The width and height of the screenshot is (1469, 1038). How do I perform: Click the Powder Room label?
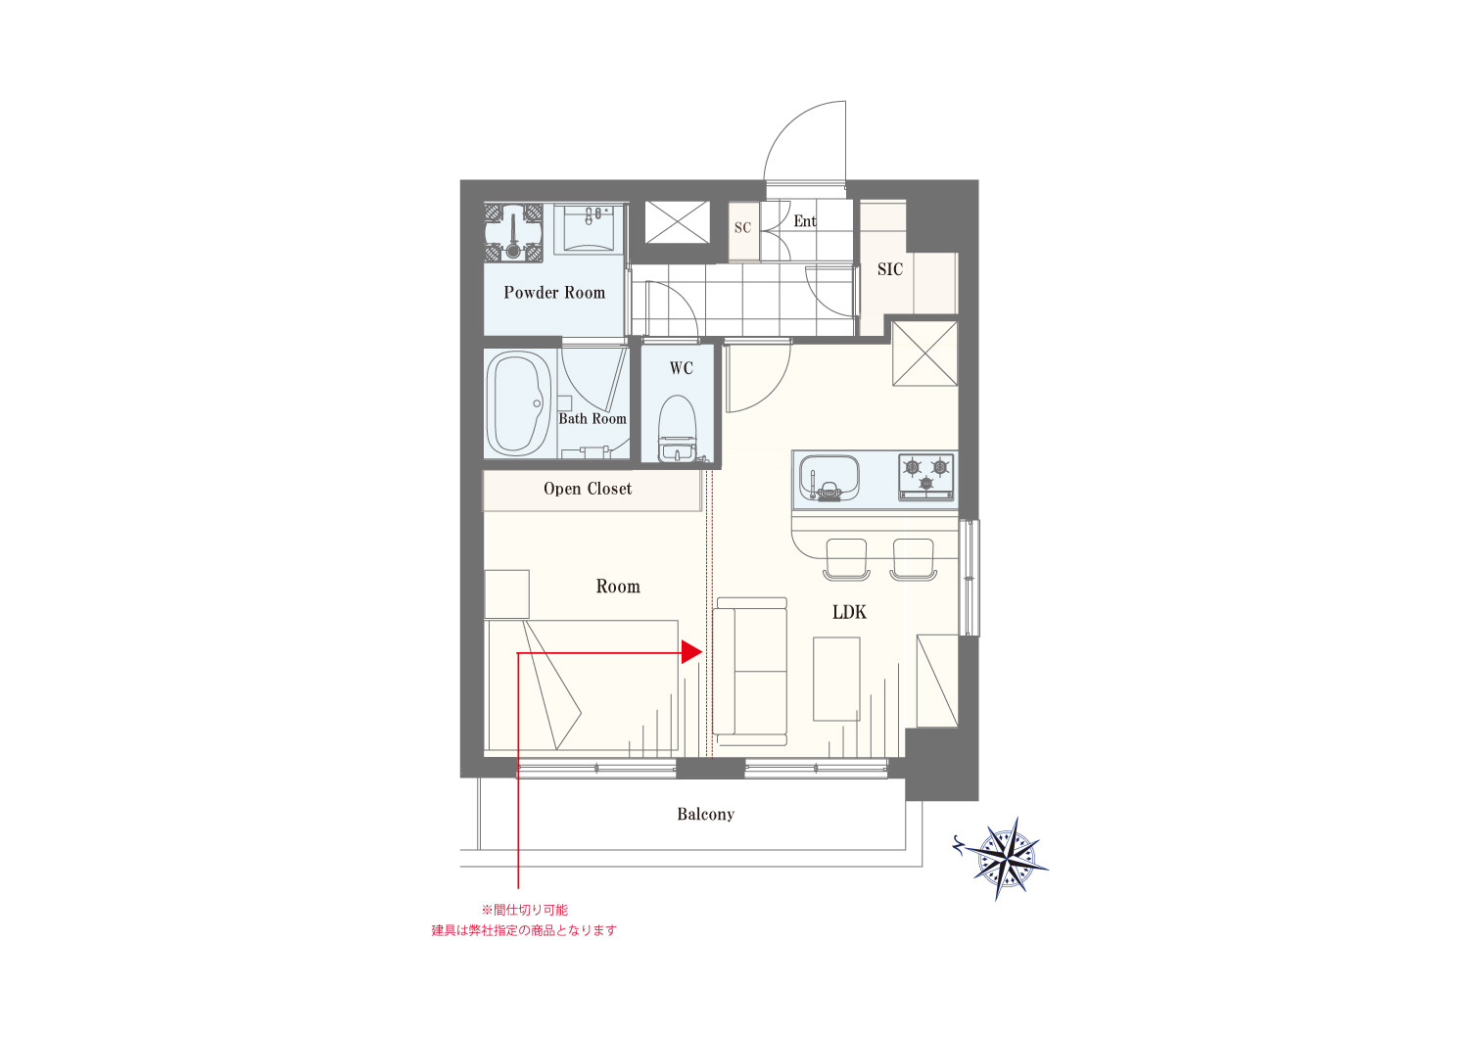[x=554, y=293]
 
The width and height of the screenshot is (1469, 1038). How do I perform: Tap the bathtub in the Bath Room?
[x=517, y=403]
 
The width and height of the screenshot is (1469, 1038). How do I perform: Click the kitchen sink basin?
[x=829, y=477]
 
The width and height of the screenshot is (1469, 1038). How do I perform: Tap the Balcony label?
[x=706, y=815]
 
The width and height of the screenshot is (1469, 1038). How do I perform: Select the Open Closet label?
[x=588, y=489]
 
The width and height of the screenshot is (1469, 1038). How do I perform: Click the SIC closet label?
[x=890, y=269]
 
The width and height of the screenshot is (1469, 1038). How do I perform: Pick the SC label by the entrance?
[x=742, y=227]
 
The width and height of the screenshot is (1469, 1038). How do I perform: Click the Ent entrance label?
[x=805, y=221]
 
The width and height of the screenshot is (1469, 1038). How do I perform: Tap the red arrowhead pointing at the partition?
[x=691, y=652]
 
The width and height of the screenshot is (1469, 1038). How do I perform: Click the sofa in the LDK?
[x=750, y=672]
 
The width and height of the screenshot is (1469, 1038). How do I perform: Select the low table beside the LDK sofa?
[x=836, y=679]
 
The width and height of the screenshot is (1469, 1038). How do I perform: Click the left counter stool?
[x=847, y=559]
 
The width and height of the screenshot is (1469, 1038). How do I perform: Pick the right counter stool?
[x=914, y=559]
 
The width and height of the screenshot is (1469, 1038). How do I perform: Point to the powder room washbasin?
[x=590, y=229]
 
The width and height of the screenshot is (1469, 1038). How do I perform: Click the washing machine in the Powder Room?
[x=513, y=232]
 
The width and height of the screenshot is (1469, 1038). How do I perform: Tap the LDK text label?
[x=849, y=612]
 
